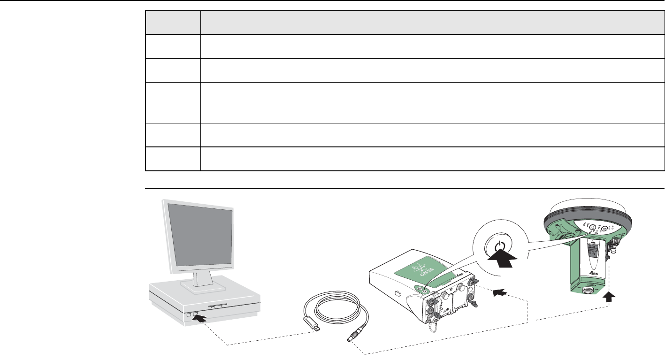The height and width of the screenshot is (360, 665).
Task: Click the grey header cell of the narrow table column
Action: coord(172,23)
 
